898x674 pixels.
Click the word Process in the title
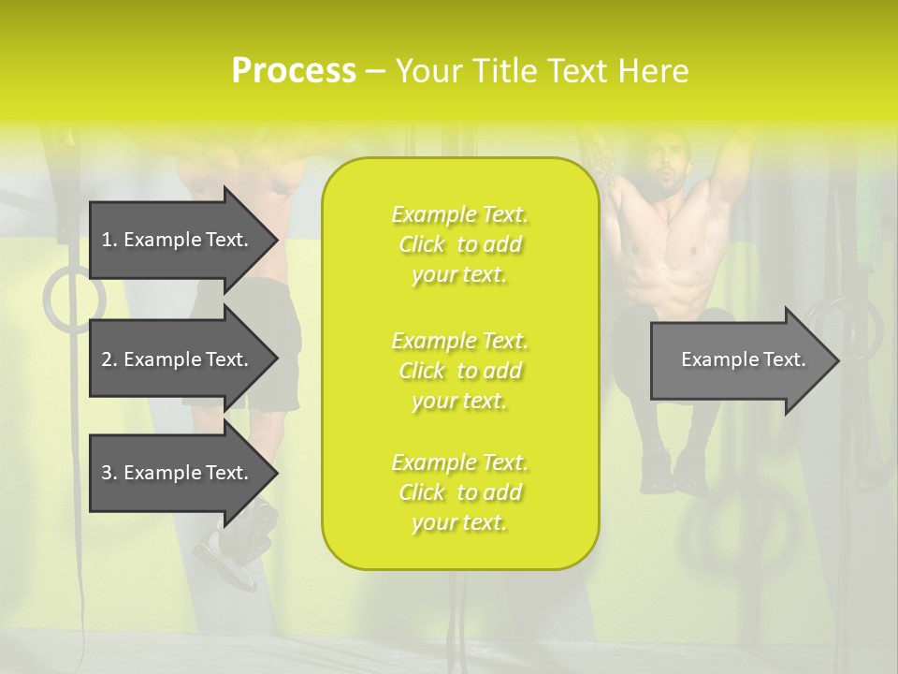pyautogui.click(x=294, y=71)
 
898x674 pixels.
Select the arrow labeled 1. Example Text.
pyautogui.click(x=178, y=240)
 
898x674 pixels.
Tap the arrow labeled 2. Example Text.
pyautogui.click(x=178, y=359)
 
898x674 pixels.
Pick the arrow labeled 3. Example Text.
pyautogui.click(x=178, y=473)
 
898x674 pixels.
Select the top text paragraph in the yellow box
pyautogui.click(x=460, y=244)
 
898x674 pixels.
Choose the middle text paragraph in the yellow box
pyautogui.click(x=460, y=371)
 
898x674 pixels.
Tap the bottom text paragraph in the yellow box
pyautogui.click(x=460, y=492)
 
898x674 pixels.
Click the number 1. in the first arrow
pyautogui.click(x=109, y=240)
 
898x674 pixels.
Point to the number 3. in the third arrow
pyautogui.click(x=109, y=473)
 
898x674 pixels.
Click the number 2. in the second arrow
pyautogui.click(x=109, y=359)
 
